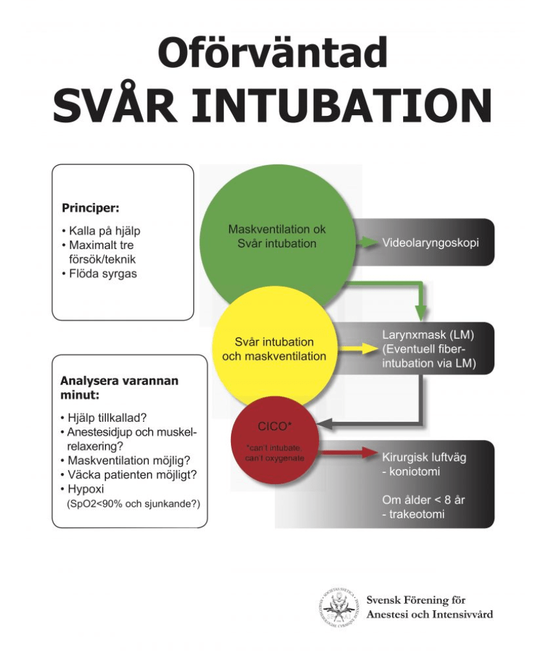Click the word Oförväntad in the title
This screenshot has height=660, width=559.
(272, 53)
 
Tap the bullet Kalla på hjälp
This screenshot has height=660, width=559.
(104, 231)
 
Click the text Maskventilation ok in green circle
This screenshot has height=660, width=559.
(277, 230)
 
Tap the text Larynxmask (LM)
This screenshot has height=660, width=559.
(428, 335)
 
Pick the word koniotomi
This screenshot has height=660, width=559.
(413, 472)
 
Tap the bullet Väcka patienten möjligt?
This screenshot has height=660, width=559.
(132, 474)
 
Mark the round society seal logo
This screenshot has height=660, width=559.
(338, 608)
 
